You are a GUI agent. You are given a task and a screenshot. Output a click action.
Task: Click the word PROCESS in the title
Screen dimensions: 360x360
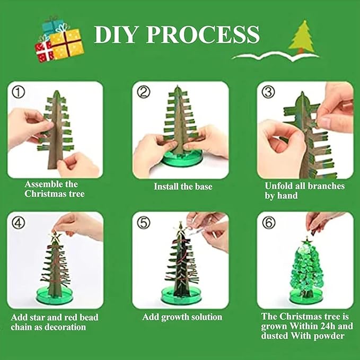pyautogui.click(x=203, y=34)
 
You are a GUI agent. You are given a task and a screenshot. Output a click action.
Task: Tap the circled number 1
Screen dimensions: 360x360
pyautogui.click(x=19, y=92)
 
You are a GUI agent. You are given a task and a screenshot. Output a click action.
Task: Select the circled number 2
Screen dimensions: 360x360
pyautogui.click(x=144, y=92)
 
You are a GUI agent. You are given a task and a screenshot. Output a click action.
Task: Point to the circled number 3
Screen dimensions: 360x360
pyautogui.click(x=268, y=92)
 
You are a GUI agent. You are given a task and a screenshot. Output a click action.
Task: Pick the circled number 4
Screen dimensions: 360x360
pyautogui.click(x=19, y=223)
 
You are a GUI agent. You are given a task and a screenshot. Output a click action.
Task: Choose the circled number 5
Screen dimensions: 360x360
pyautogui.click(x=144, y=223)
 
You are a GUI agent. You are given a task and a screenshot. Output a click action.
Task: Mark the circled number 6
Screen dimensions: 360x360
pyautogui.click(x=269, y=223)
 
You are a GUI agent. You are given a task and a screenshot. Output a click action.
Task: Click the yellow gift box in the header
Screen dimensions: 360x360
pyautogui.click(x=67, y=43)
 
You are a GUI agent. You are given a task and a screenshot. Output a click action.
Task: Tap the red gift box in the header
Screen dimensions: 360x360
pyautogui.click(x=43, y=51)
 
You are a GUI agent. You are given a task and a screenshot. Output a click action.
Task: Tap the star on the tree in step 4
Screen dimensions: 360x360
pyautogui.click(x=55, y=237)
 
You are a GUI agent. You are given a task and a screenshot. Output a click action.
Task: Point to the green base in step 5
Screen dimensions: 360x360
pyautogui.click(x=181, y=295)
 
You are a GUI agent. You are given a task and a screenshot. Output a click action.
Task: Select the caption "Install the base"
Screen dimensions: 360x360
pyautogui.click(x=183, y=187)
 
